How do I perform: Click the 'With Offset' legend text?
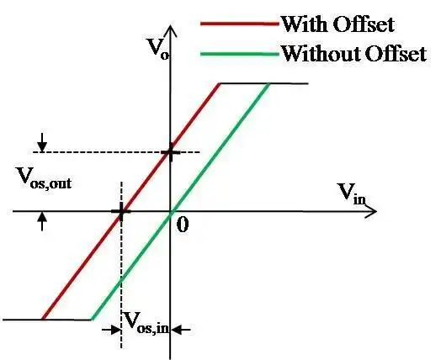coord(337,24)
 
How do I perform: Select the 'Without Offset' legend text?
coord(354,53)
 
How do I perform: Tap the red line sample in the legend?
coord(240,24)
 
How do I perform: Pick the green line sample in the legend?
coord(240,54)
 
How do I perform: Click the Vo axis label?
coord(158,48)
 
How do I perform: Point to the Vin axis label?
coord(351,193)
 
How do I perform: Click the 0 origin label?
coord(183,225)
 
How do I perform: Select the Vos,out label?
coord(44,178)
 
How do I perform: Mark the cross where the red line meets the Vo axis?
coord(170,152)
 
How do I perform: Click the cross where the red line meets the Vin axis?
coord(121,211)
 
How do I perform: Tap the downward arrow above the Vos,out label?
coord(42,143)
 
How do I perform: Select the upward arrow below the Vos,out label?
coord(42,221)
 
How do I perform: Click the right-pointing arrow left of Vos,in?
coord(111,330)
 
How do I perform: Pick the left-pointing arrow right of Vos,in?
coord(181,330)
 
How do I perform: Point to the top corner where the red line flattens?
coord(220,83)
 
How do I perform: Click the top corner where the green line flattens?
coord(269,83)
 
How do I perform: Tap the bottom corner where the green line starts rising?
coord(92,320)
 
